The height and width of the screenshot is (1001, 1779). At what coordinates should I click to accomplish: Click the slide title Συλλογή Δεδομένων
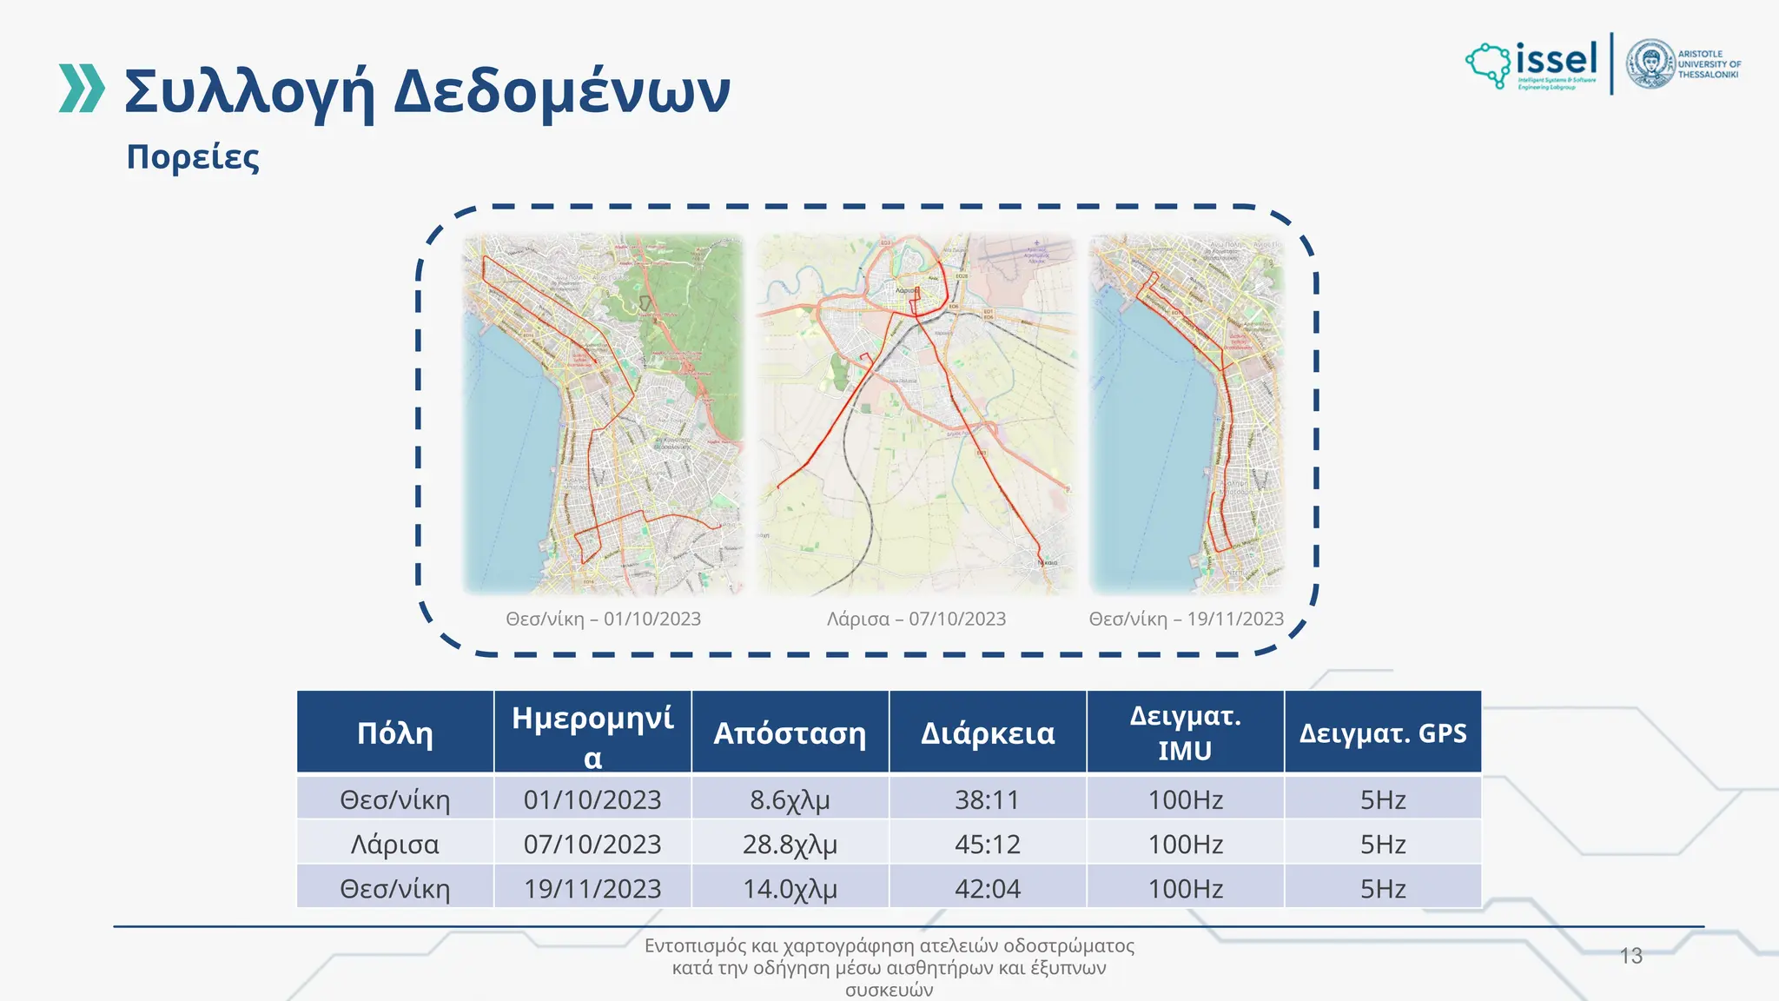coord(427,91)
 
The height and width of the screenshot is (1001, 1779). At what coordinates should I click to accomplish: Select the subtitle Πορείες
coord(193,157)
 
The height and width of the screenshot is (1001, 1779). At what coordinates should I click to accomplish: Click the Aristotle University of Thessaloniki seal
coord(1650,63)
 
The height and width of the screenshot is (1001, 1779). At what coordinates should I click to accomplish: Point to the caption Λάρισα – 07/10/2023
coord(916,619)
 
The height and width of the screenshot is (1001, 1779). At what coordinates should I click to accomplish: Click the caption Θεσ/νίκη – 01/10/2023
coord(603,619)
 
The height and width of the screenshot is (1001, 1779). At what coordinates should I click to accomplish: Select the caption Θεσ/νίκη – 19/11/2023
coord(1186,619)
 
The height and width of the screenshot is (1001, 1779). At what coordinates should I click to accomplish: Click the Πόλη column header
coord(395,733)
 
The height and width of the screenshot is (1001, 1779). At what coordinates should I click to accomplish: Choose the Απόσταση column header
coord(790,733)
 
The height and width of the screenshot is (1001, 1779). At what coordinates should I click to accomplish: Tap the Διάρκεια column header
coord(988,733)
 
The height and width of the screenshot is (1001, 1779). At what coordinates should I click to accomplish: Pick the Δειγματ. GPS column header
coord(1382,733)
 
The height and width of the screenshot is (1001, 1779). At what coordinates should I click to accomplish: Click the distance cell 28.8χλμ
coord(790,844)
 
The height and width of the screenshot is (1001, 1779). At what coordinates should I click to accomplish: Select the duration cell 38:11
coord(988,799)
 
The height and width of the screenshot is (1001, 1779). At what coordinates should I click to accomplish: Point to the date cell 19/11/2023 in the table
coord(592,889)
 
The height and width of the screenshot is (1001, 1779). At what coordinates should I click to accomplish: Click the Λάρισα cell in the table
coord(395,844)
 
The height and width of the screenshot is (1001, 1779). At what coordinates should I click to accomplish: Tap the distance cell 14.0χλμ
coord(790,889)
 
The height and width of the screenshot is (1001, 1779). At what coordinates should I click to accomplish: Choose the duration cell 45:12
coord(988,844)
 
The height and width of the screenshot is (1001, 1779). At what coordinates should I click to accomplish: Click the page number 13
coord(1630,956)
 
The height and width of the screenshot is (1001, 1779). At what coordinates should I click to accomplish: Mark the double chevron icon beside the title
coord(82,89)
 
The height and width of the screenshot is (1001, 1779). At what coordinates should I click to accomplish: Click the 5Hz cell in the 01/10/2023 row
coord(1382,799)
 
